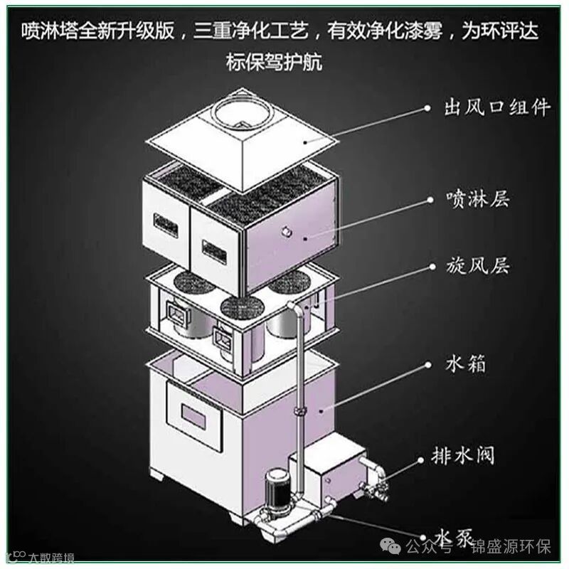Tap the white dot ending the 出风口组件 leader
click(427, 108)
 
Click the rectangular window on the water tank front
click(193, 413)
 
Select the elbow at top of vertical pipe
click(292, 307)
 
